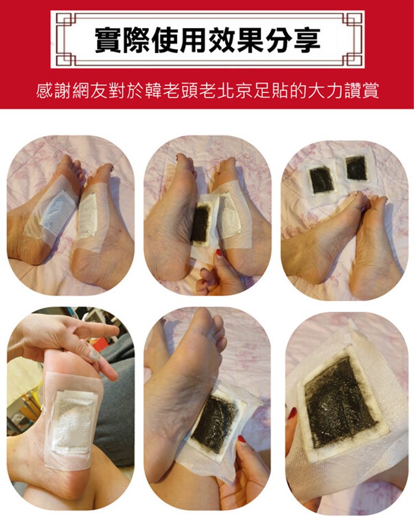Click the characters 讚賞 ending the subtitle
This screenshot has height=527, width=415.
[x=361, y=90]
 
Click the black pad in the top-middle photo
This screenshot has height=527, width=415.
[x=200, y=224]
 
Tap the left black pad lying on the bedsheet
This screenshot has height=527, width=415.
[x=321, y=180]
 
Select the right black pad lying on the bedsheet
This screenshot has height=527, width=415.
[x=356, y=168]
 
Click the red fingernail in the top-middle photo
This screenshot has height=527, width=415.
[x=219, y=252]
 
